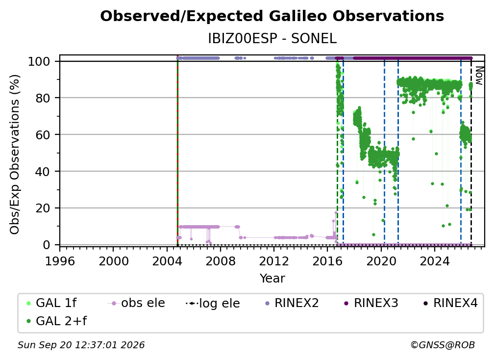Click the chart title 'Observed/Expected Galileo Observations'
272,16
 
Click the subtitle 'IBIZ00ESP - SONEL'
272,39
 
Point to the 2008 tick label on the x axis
221,261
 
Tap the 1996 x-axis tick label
60,261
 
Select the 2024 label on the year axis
434,261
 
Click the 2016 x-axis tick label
327,261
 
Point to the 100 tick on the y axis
39,61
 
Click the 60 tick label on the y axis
43,135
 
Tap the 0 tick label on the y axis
47,245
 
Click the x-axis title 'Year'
272,279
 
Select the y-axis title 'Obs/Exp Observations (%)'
15,154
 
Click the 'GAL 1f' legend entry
51,303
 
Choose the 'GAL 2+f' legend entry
57,321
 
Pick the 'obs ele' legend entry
136,303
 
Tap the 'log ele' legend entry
213,304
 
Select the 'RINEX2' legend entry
292,303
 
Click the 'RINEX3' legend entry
371,303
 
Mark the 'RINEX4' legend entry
451,303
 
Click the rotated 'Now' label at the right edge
479,76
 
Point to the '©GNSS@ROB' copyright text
443,345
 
